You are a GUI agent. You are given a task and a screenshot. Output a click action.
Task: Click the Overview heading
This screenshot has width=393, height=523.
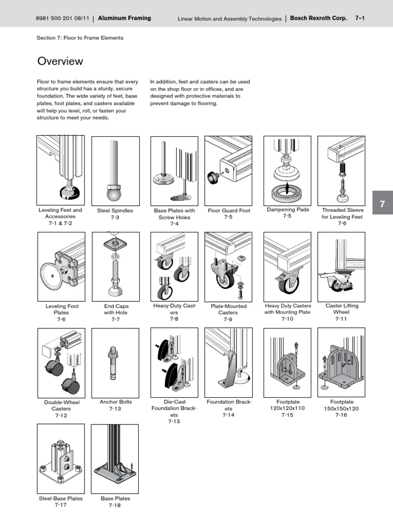pos(60,61)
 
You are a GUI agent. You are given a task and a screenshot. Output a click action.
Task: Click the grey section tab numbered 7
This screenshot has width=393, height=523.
pos(382,204)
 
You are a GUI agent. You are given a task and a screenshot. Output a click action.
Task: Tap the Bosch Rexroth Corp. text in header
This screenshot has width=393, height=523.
pos(318,18)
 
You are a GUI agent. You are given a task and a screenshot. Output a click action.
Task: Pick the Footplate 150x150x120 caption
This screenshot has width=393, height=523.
pos(341,409)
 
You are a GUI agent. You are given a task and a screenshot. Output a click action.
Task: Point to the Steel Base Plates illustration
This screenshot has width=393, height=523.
pos(60,457)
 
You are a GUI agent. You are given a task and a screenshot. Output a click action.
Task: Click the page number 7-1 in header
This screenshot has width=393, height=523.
pos(359,18)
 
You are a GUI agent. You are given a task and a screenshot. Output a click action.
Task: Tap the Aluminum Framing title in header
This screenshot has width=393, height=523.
pos(124,18)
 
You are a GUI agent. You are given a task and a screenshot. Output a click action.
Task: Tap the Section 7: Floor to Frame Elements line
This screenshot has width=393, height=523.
pos(80,38)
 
